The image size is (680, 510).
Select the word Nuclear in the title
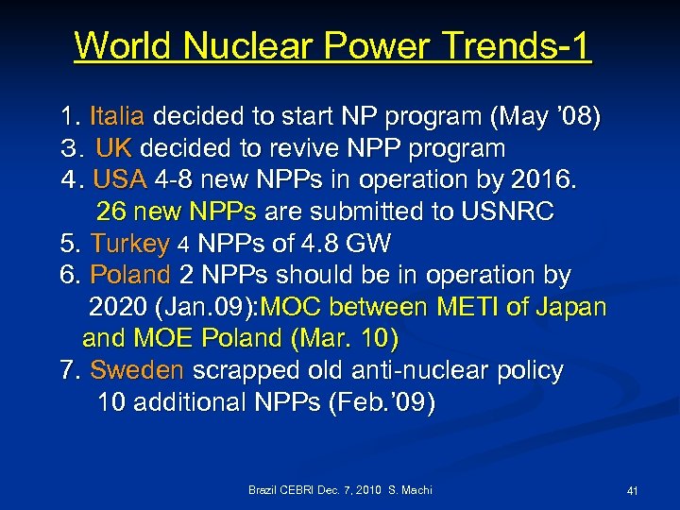coord(235,45)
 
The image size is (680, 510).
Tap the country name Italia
coord(117,117)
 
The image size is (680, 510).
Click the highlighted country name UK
coord(114,148)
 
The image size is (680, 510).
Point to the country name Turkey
coord(129,244)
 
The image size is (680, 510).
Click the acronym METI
coord(462,308)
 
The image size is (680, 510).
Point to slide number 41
coord(633,491)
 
